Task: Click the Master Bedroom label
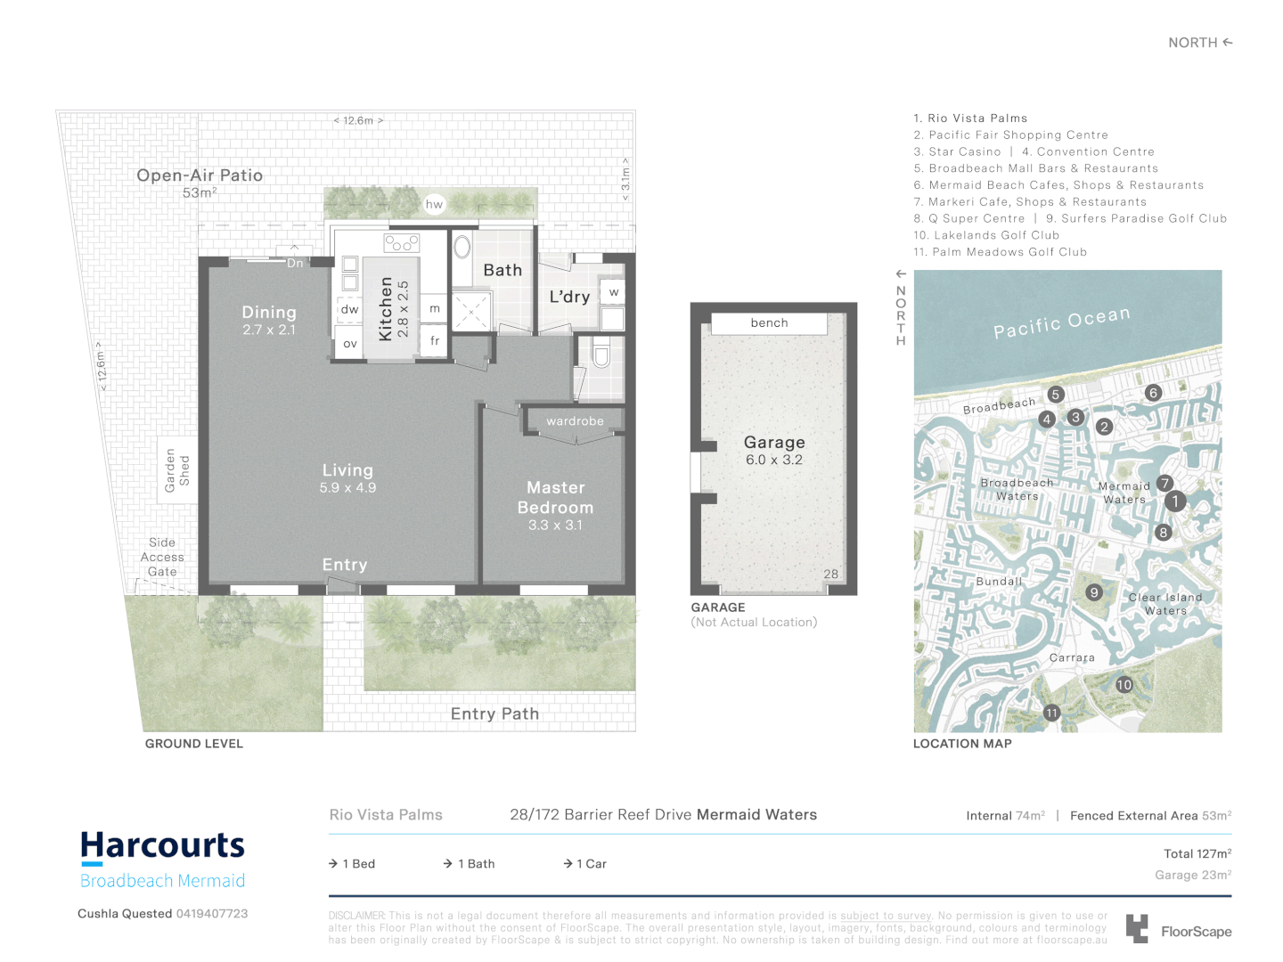555,498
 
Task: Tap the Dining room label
269,313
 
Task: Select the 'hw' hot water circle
434,204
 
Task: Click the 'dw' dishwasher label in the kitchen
349,310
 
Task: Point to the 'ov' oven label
350,344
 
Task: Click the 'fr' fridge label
435,340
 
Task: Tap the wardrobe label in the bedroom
575,421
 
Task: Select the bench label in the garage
769,323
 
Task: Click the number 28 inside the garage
830,575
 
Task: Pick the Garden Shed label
176,470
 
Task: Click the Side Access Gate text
162,557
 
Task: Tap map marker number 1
1175,501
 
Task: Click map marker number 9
1094,592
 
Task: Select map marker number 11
1051,713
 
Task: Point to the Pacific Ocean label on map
1061,322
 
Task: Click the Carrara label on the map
1072,658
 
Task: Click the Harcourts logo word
162,845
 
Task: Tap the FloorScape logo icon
1136,928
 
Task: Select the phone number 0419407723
212,914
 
